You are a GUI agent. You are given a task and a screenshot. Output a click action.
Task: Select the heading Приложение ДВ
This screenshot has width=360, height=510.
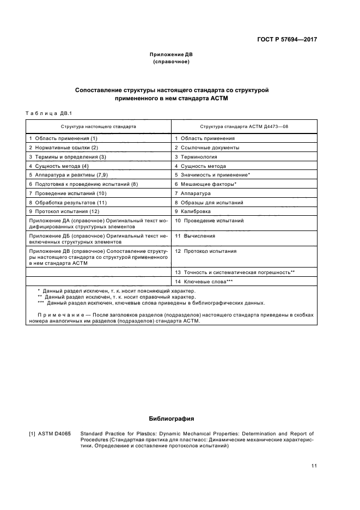(x=172, y=54)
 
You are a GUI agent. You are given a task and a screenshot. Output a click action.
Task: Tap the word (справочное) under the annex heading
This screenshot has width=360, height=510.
(x=172, y=62)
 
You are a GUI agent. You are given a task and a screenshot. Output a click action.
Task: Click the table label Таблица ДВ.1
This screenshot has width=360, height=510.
(x=49, y=113)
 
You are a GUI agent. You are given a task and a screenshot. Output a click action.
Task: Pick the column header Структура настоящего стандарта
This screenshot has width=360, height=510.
(x=99, y=126)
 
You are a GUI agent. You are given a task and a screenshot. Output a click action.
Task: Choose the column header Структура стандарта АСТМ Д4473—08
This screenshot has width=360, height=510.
(x=244, y=126)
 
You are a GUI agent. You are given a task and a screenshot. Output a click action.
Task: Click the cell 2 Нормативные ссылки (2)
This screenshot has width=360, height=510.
(x=63, y=148)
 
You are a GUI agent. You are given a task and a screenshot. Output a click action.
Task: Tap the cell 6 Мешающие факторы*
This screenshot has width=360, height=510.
(x=205, y=184)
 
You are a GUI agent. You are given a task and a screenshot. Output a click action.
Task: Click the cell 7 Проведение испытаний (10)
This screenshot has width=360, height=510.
(x=68, y=193)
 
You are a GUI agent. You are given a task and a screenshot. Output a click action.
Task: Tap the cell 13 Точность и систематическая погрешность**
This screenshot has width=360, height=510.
(x=235, y=271)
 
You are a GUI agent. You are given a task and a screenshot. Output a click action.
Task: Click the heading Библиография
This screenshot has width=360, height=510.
(x=172, y=418)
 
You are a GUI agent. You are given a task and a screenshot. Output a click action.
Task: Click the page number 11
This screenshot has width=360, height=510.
(x=314, y=465)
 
